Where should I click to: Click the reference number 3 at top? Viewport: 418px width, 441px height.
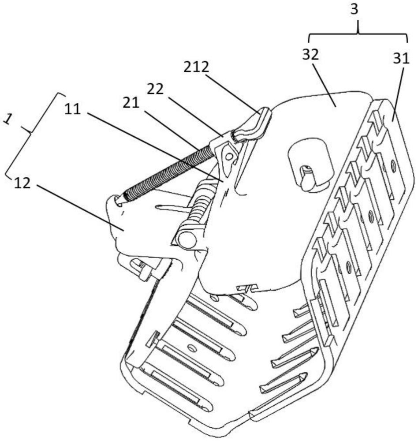[358, 10]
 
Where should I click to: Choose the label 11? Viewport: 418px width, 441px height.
[74, 109]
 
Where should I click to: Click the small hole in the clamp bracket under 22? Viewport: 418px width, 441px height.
[228, 156]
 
